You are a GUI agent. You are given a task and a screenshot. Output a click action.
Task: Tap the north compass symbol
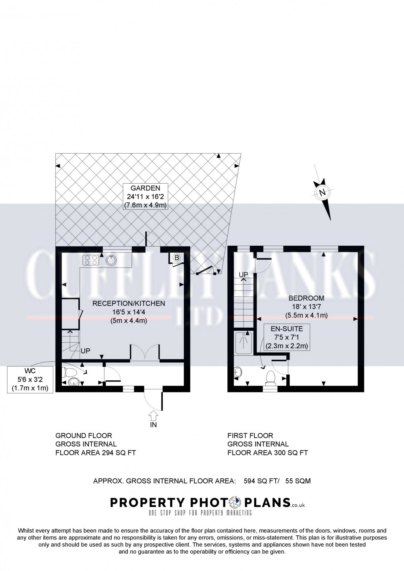(322, 193)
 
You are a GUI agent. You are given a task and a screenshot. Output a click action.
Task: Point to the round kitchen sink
(112, 260)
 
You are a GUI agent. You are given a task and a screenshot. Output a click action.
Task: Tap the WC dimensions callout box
(30, 379)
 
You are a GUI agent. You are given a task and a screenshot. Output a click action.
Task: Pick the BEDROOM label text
(306, 298)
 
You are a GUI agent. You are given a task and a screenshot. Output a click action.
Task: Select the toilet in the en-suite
(271, 377)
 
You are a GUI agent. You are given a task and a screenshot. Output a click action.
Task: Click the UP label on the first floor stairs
(243, 274)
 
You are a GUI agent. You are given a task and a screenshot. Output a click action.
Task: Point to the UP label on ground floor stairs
(85, 351)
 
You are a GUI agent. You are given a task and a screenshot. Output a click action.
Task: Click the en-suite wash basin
(238, 372)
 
